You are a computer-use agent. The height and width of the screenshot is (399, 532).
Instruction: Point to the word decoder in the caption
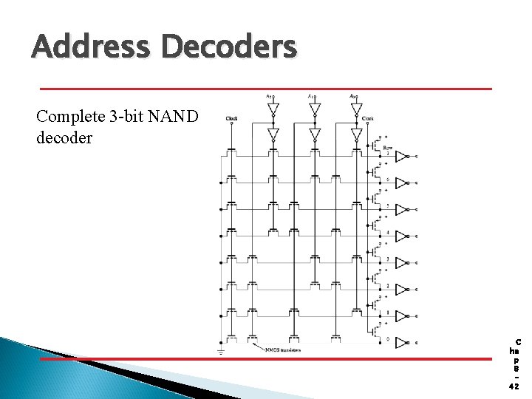[x=64, y=137]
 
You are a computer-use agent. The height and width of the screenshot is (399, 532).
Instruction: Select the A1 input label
[x=311, y=95]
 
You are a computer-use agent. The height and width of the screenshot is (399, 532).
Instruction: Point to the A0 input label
[x=354, y=95]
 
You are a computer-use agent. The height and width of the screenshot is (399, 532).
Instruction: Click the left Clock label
[x=232, y=118]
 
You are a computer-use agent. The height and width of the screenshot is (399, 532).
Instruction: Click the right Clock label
[x=368, y=118]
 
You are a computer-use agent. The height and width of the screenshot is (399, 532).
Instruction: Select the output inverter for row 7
[x=401, y=157]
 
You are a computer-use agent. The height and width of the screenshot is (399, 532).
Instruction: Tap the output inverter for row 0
[x=401, y=343]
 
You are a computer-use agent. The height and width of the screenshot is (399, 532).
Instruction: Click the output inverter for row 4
[x=401, y=236]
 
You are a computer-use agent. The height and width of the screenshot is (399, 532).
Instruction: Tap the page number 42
[x=514, y=386]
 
